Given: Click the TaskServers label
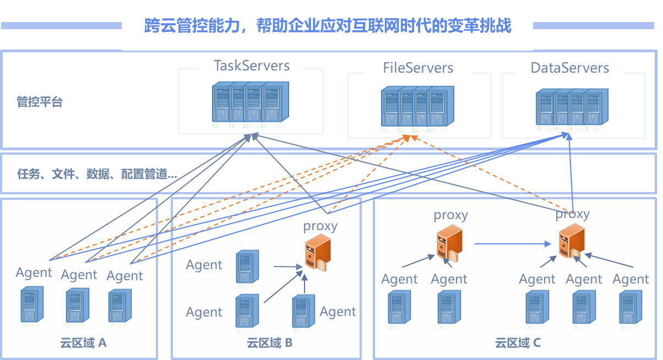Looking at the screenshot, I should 252,66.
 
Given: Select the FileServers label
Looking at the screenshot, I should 418,68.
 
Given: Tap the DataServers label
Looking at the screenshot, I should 569,68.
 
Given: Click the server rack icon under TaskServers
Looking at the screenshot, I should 251,102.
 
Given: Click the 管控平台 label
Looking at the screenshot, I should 40,102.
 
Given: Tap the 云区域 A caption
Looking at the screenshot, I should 83,343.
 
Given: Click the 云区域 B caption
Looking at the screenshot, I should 269,343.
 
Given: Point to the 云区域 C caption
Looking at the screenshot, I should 518,343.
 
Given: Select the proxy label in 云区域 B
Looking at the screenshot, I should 320,226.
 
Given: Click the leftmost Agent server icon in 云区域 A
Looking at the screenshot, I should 31,304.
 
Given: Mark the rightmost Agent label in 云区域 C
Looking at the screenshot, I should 631,280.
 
